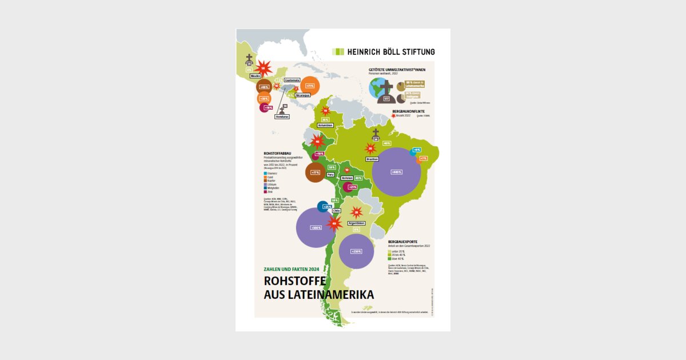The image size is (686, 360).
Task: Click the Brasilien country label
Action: tap(372, 159)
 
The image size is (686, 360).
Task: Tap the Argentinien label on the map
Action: tap(356, 223)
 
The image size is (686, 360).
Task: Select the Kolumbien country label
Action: tap(325, 125)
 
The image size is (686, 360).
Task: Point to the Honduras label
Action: tap(282, 117)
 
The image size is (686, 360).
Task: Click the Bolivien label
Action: tap(348, 178)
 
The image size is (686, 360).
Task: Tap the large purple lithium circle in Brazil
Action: tap(396, 172)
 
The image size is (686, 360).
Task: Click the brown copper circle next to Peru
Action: tap(316, 172)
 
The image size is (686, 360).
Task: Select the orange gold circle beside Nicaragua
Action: tap(310, 86)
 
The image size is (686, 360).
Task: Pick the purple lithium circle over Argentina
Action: tap(357, 251)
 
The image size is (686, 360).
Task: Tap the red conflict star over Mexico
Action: tap(263, 68)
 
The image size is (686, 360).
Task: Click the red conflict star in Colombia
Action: tap(325, 111)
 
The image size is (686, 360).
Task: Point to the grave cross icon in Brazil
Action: tap(376, 133)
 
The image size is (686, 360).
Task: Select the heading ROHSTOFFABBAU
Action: tap(278, 153)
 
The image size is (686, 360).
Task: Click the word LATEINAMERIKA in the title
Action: tap(319, 295)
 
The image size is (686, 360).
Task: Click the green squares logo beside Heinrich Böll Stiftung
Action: tap(338, 51)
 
